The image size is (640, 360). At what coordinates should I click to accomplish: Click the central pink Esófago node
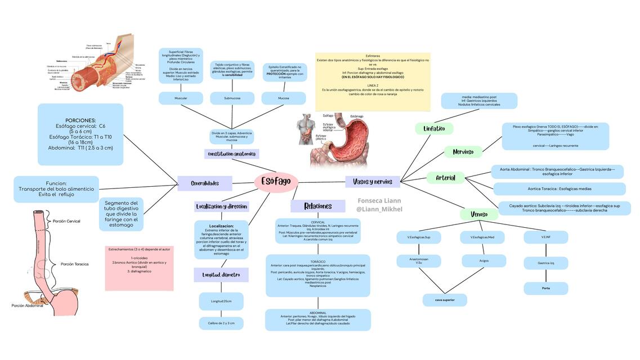click(276, 182)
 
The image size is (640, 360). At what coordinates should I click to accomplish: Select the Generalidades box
click(205, 183)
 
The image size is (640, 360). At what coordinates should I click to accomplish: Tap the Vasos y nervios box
click(372, 182)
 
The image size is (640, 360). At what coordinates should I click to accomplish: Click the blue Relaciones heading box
click(318, 206)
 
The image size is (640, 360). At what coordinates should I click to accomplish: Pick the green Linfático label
click(434, 129)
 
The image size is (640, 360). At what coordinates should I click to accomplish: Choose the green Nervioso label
click(463, 152)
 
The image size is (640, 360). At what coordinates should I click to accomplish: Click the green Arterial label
click(446, 178)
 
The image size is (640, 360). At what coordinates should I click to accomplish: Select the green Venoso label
click(479, 214)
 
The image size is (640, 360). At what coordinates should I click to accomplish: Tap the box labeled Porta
click(545, 288)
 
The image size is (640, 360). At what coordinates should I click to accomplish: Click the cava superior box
click(445, 300)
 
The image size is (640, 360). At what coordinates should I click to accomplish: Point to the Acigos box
click(484, 261)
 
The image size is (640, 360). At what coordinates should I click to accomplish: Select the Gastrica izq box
click(545, 263)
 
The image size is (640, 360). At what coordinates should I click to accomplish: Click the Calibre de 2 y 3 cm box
click(221, 323)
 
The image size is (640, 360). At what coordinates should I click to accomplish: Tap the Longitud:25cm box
click(221, 301)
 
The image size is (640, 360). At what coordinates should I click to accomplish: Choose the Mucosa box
click(284, 98)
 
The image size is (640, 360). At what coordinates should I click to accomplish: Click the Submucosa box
click(232, 98)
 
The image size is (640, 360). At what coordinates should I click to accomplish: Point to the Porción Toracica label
click(74, 264)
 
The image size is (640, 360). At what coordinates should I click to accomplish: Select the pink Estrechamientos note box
click(139, 268)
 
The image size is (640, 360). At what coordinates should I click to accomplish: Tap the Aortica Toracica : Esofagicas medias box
click(559, 189)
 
